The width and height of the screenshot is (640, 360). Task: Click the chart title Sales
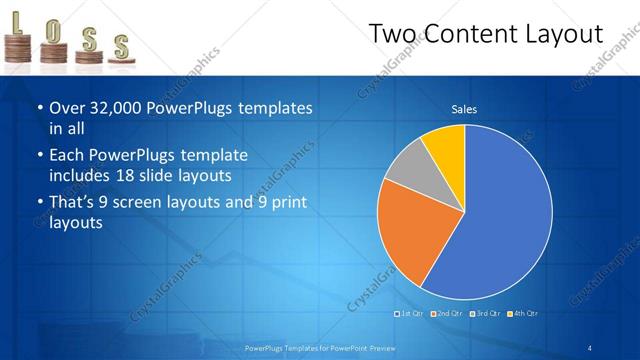[464, 109]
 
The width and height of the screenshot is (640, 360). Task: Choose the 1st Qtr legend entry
[409, 314]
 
